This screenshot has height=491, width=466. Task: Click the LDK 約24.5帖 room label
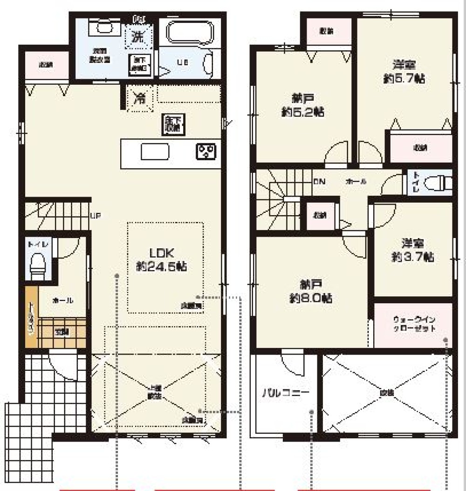point(162,260)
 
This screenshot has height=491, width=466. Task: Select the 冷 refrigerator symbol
point(139,98)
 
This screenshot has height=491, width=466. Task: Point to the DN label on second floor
point(319,181)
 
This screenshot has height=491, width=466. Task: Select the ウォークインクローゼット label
point(414,324)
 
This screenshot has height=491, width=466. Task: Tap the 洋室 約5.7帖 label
point(404,71)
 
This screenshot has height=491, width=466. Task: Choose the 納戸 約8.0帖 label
point(309,291)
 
